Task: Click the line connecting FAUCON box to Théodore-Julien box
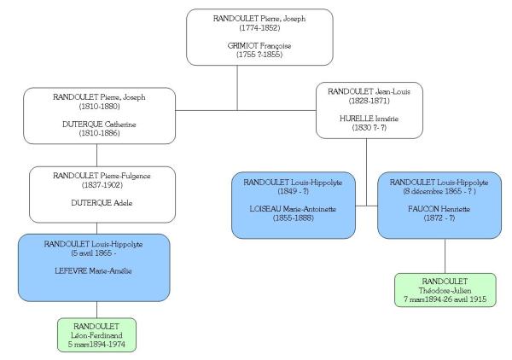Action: tap(445, 256)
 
